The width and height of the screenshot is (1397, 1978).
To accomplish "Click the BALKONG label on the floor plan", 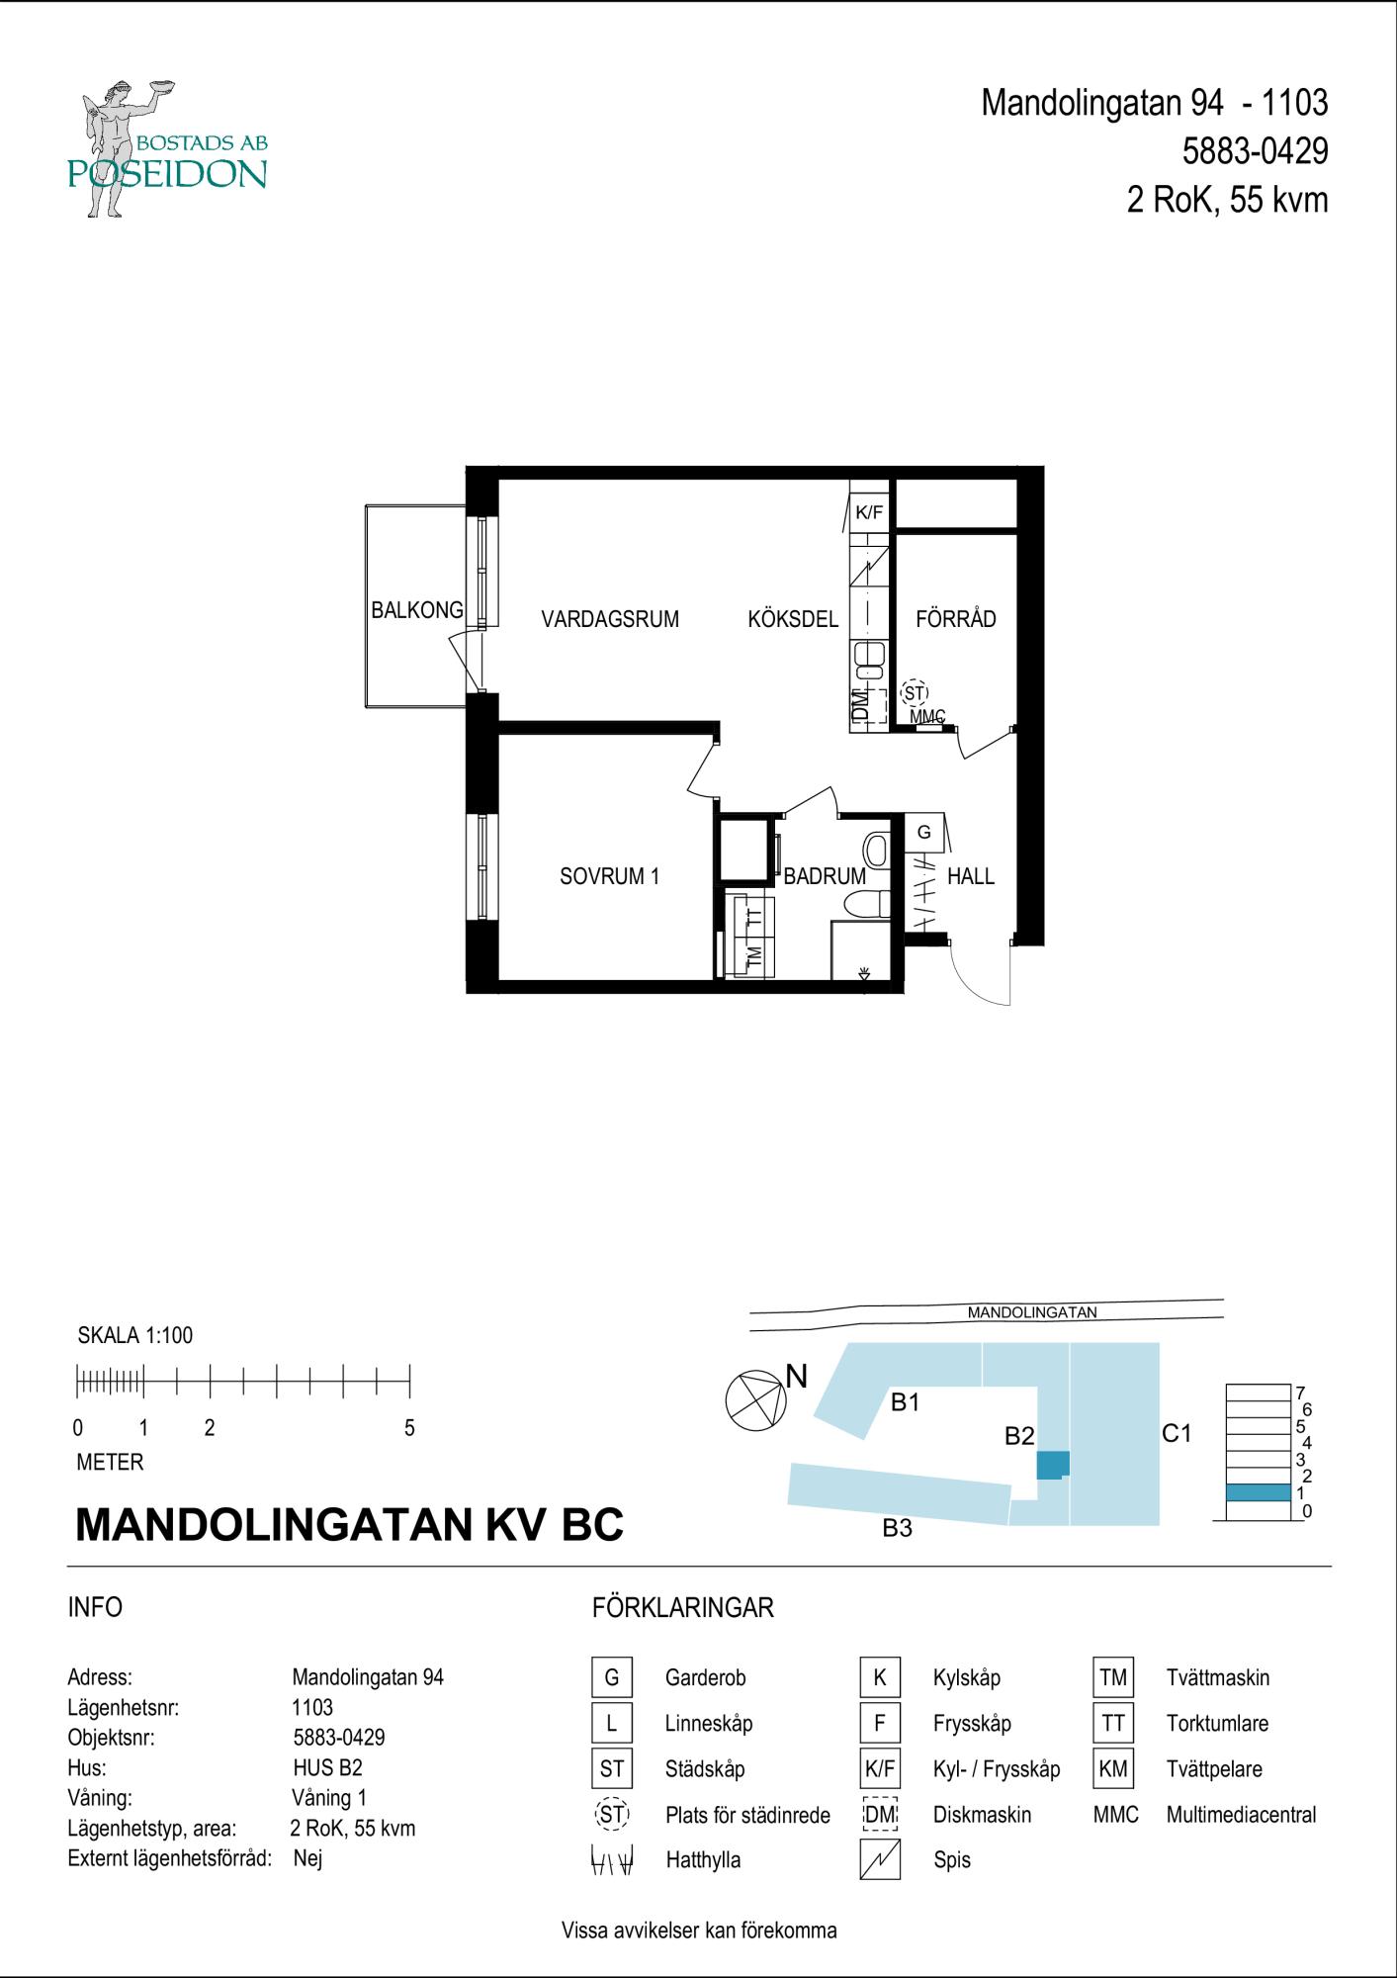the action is (417, 610).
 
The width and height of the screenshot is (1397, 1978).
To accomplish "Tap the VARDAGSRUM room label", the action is (610, 619).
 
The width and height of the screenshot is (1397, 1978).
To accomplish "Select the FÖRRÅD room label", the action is (955, 619).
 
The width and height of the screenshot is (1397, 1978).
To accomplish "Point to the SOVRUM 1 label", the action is (609, 876).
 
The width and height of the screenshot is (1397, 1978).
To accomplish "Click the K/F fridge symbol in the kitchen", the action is (869, 512).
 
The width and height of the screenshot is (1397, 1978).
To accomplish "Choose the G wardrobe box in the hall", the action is (924, 833).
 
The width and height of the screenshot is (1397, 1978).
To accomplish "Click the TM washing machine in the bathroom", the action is (753, 956).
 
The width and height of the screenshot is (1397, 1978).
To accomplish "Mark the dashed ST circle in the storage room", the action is (915, 692).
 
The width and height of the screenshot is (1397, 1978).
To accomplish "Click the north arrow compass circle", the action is (755, 1400).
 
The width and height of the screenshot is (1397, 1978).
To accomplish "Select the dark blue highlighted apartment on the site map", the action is (1053, 1464).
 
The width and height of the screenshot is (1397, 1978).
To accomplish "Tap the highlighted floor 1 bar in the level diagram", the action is (1258, 1492).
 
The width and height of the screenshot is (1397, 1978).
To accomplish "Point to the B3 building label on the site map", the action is (897, 1528).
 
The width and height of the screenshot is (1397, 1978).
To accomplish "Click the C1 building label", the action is (1177, 1433).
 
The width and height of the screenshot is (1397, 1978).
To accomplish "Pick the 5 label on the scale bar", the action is (409, 1428).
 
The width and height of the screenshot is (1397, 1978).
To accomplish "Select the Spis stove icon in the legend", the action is (880, 1859).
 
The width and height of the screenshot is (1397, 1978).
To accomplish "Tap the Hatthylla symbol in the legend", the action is (612, 1860).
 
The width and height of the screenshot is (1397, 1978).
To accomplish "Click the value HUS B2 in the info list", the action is (326, 1767).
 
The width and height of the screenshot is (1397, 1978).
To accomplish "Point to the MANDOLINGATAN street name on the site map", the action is (1032, 1312).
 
